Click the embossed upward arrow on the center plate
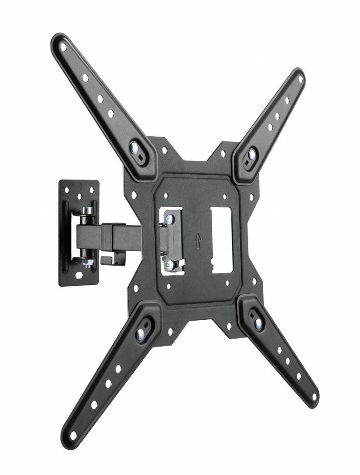(198, 240)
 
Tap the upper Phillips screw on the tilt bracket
(170, 219)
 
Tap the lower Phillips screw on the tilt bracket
(170, 264)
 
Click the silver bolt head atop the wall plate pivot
(88, 210)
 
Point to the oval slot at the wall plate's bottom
(79, 275)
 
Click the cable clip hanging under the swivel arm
(113, 258)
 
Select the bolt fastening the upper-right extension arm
(252, 154)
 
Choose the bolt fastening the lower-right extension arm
(258, 324)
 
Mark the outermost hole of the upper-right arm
(300, 79)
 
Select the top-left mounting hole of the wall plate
(67, 190)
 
